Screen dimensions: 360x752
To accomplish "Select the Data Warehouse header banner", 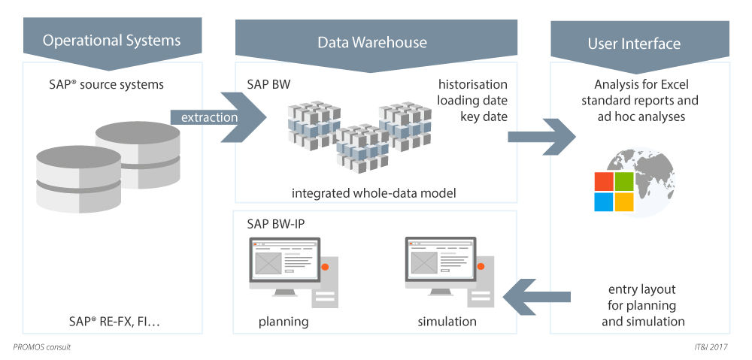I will (x=372, y=42).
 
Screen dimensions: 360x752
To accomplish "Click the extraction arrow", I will (x=218, y=117).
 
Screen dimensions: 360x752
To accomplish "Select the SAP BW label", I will (x=268, y=84).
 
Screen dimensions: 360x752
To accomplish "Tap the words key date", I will (x=484, y=116).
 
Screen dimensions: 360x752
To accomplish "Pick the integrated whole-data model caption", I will (x=374, y=193).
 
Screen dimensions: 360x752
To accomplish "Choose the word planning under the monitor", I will (x=284, y=322).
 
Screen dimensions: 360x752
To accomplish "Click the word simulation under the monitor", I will (x=447, y=322).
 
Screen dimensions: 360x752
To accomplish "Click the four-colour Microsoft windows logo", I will (x=614, y=192).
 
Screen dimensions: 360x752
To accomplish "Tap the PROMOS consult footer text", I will (x=42, y=347).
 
